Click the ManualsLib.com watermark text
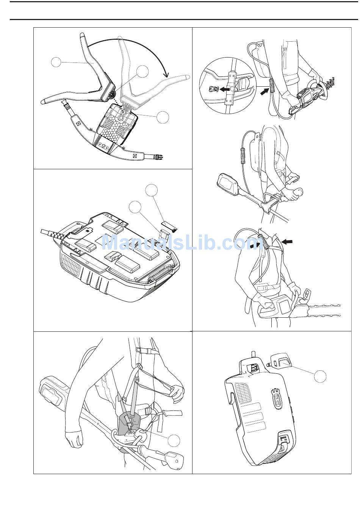[180, 243]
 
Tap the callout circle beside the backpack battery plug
[320, 376]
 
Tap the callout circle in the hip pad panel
[174, 440]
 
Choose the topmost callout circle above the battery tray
[152, 190]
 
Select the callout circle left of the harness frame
[56, 62]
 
